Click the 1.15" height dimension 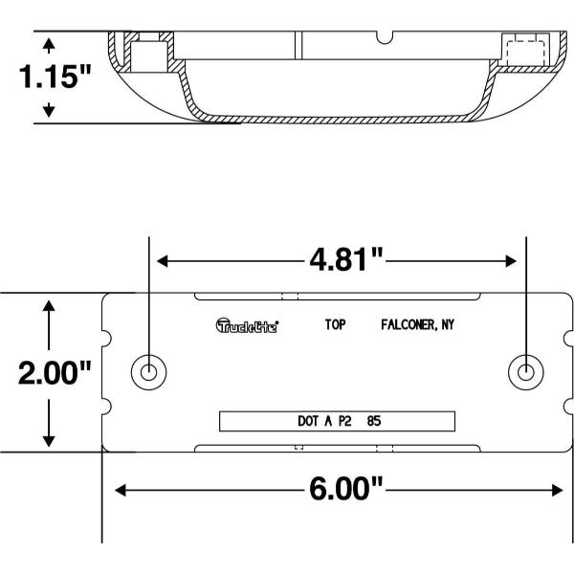[55, 77]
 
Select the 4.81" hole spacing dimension [345, 260]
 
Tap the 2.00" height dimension [55, 373]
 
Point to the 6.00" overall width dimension [345, 489]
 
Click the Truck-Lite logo [247, 325]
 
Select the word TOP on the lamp [335, 324]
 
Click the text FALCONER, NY [417, 324]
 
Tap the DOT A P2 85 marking [340, 421]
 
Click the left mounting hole [148, 372]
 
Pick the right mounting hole [526, 372]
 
